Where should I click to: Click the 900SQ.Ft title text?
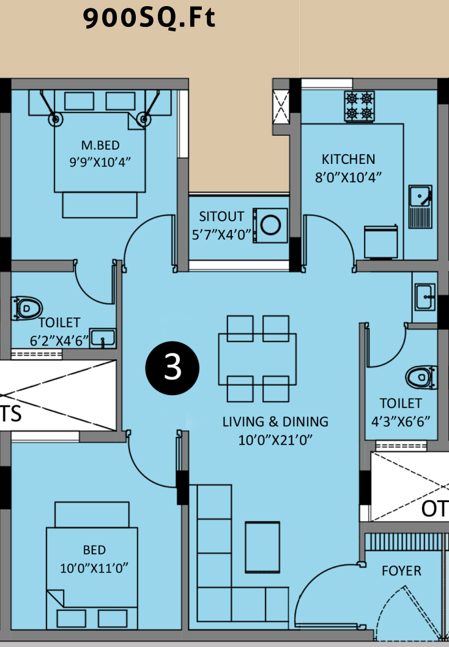coord(149,18)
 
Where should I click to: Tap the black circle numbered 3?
coord(173,368)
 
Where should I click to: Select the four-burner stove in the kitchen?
coord(360,106)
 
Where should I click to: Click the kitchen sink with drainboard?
coord(420,207)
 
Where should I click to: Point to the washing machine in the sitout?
coord(270,225)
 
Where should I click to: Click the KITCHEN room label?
coord(348,159)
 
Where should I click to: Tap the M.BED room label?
coord(100,146)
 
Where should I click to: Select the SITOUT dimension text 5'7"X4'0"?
coord(221,235)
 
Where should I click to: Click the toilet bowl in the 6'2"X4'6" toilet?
coord(28,308)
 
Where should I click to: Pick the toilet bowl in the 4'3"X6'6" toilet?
coord(421,377)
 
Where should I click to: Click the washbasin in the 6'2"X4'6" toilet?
coord(102,338)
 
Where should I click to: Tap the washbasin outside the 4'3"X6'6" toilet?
coord(425,296)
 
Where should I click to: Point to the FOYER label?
coord(401,571)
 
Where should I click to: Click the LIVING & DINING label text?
coord(275,422)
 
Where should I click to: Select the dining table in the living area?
coord(258,359)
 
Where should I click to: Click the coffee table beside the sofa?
coord(262,547)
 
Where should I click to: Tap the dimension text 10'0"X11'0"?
coord(94,568)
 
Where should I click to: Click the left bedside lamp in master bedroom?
coord(55,119)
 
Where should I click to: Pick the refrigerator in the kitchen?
coord(381,242)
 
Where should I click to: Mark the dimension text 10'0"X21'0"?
coord(275,440)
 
